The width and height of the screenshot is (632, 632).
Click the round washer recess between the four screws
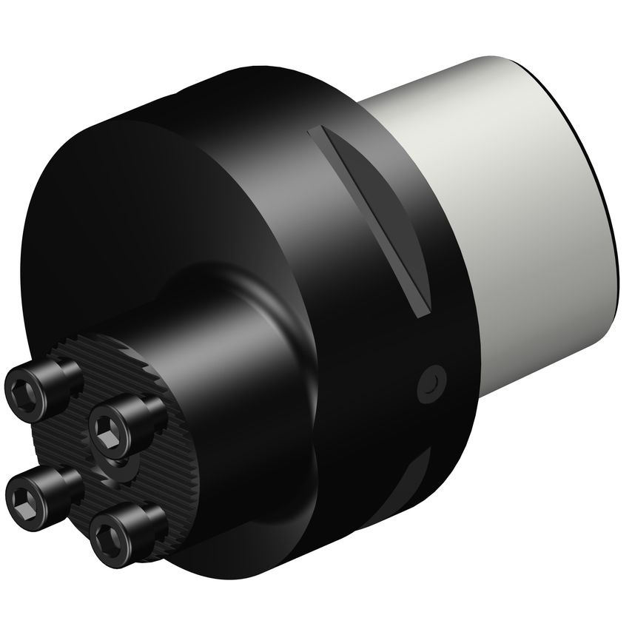(121, 468)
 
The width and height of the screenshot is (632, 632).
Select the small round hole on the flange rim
(431, 383)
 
